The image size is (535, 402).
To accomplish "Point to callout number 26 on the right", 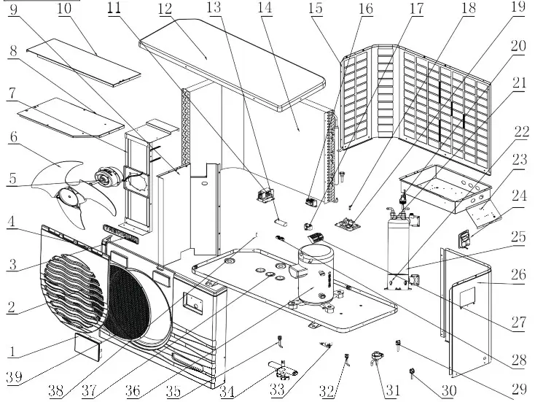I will click(x=518, y=274).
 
